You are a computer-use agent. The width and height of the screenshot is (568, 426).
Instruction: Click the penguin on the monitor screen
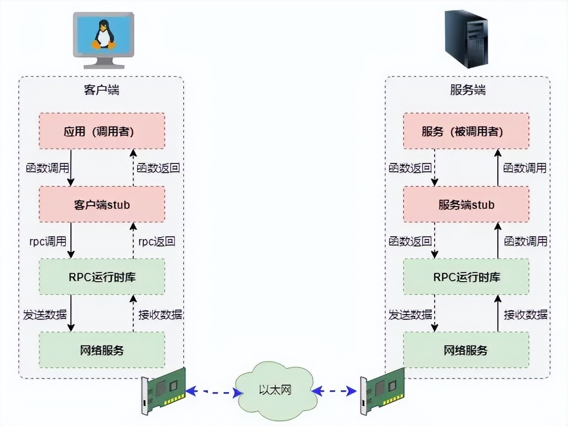[x=104, y=34]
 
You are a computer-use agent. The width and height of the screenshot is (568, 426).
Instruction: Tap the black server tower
[x=466, y=39]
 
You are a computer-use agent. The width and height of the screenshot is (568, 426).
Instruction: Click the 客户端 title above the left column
[x=101, y=90]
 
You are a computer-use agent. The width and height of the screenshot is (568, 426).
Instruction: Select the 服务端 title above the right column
[x=468, y=90]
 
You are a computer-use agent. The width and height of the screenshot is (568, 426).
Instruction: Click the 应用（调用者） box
[x=102, y=131]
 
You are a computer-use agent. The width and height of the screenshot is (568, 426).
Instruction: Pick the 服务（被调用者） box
[x=466, y=131]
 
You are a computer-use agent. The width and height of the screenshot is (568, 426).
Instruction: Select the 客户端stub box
[x=102, y=204]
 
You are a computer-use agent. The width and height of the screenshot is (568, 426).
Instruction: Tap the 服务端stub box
[x=466, y=204]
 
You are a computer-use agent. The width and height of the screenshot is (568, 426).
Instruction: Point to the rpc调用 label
[x=48, y=241]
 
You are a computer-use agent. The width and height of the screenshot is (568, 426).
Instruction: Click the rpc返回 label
[x=157, y=241]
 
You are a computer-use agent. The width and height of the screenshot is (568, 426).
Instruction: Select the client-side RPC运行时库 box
[x=102, y=277]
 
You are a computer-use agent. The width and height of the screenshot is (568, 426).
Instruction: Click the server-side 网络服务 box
[x=466, y=350]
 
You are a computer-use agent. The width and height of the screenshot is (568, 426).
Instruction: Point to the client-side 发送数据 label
[x=45, y=315]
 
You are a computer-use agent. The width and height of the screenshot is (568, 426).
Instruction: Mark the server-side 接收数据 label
[x=525, y=315]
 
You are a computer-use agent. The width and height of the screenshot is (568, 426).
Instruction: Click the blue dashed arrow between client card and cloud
[x=214, y=392]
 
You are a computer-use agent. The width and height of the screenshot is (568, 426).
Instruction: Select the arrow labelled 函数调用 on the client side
[x=71, y=168]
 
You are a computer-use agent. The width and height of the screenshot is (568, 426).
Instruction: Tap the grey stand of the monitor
[x=104, y=63]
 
